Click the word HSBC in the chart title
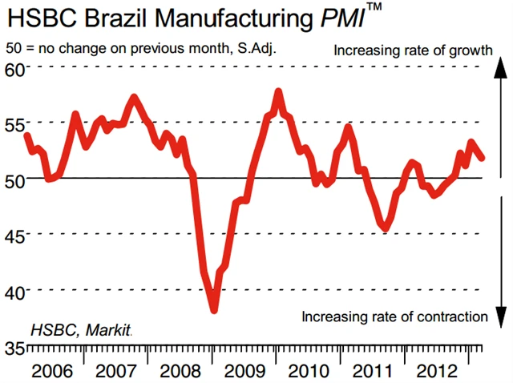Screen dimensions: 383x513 click(36, 18)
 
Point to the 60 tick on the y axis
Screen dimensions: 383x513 click(14, 68)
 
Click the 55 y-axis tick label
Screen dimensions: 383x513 click(14, 124)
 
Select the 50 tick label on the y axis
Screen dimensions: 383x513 click(14, 179)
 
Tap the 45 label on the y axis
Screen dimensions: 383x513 click(14, 235)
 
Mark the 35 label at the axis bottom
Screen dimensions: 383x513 click(14, 349)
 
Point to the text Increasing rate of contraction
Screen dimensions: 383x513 click(394, 316)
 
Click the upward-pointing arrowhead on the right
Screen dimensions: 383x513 click(498, 68)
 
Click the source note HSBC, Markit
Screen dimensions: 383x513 click(81, 329)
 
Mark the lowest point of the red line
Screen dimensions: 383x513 click(215, 308)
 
